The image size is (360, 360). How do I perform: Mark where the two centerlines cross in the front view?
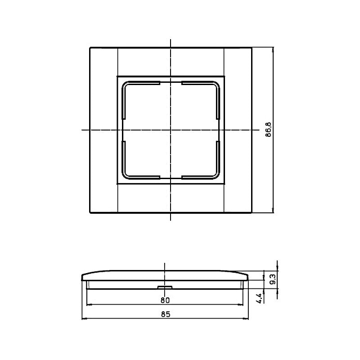[171, 130]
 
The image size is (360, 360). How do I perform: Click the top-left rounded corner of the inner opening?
[125, 85]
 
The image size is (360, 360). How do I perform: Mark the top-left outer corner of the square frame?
[90, 47]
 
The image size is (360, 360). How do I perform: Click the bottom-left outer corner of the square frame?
[90, 213]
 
